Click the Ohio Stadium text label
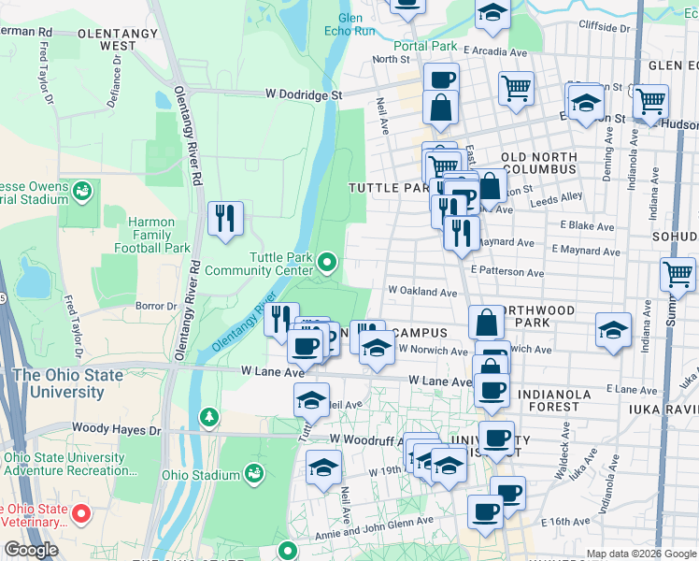(201, 475)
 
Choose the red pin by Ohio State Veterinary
(81, 513)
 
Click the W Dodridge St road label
(305, 94)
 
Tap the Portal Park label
(424, 46)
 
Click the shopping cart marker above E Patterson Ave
(678, 275)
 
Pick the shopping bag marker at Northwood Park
(486, 323)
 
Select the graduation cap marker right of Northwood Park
(613, 331)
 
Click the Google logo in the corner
(31, 550)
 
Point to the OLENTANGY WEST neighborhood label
(119, 38)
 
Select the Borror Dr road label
(156, 306)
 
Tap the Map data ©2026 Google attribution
(641, 554)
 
